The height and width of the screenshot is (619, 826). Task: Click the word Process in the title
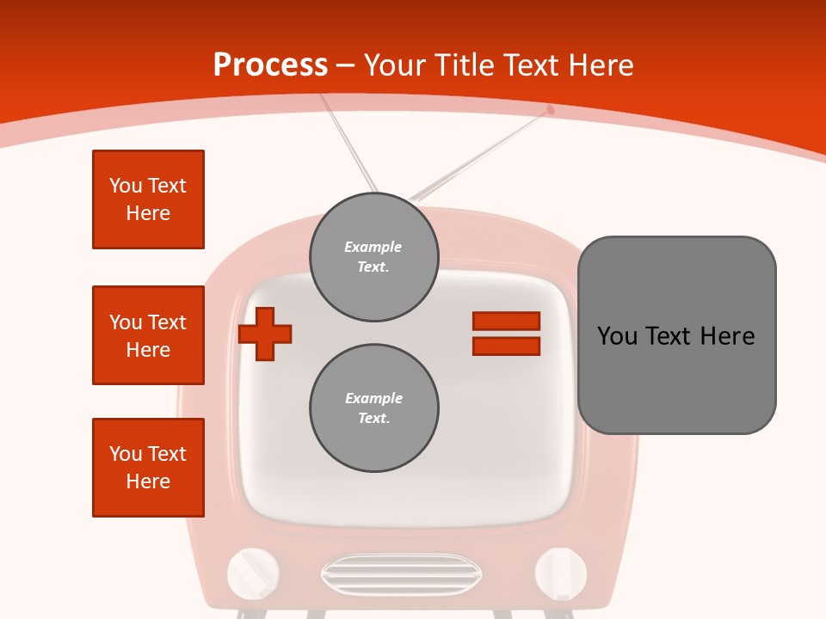(x=270, y=65)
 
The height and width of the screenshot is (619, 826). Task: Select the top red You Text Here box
(x=148, y=199)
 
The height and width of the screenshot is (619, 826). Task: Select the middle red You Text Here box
(x=148, y=335)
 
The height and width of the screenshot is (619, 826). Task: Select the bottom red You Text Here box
(x=148, y=468)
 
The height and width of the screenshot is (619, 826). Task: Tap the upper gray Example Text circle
(x=374, y=257)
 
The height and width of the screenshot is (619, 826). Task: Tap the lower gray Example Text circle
(x=374, y=408)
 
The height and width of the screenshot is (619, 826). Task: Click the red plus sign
(x=265, y=334)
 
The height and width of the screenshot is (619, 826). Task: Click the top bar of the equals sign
(x=506, y=321)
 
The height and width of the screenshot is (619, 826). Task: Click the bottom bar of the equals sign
(x=506, y=346)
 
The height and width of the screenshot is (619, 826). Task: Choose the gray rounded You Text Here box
(x=676, y=335)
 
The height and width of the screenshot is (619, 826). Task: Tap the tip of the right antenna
(x=551, y=109)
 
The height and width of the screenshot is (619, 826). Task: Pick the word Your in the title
(x=396, y=65)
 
